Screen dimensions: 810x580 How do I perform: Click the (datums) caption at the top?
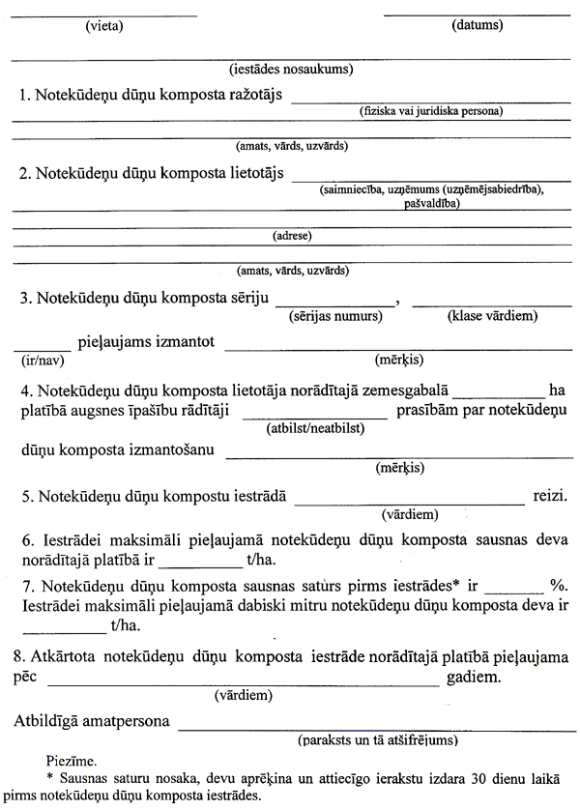coord(477,25)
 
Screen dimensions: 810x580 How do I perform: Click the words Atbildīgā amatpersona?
coord(93,721)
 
